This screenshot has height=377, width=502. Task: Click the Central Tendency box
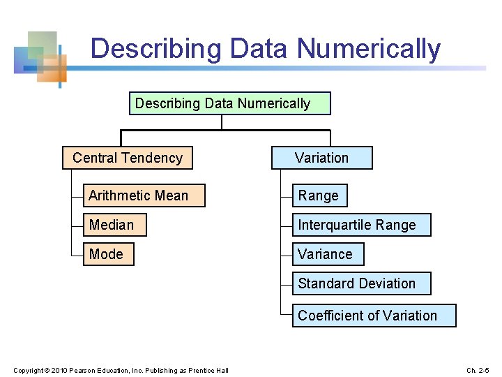[127, 158]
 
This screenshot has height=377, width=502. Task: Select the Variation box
[321, 158]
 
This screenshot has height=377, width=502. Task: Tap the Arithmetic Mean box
[144, 195]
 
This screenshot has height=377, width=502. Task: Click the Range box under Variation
[319, 195]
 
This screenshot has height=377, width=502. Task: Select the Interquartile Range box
[360, 225]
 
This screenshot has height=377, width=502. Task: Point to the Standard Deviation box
[360, 283]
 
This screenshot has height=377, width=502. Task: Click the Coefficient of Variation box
[373, 316]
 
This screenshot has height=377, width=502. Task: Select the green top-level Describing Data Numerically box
[230, 103]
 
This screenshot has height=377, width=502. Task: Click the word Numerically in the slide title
[369, 49]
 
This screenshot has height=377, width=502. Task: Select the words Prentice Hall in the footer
[211, 369]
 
